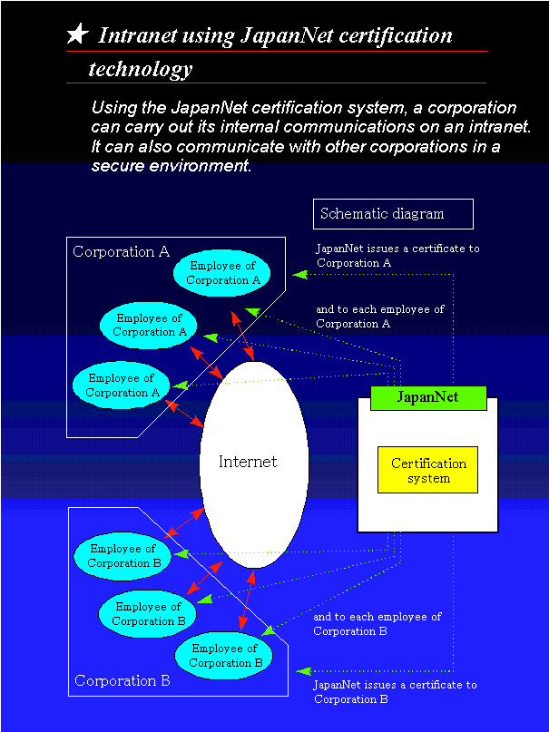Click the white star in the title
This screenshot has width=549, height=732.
[x=78, y=35]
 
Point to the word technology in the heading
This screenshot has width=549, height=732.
[x=141, y=69]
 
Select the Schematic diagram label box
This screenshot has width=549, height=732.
[x=393, y=214]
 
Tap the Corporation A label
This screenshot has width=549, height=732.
[x=121, y=252]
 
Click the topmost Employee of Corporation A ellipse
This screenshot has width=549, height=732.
[x=223, y=273]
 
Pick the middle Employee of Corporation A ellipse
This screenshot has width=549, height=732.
[x=150, y=325]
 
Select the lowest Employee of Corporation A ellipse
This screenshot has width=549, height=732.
[x=122, y=386]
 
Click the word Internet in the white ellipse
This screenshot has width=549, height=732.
[x=248, y=462]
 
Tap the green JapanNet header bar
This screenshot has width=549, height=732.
[x=428, y=397]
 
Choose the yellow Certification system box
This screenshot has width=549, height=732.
[x=428, y=470]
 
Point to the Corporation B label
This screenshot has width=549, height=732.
[x=122, y=680]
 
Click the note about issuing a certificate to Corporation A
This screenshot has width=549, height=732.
[x=397, y=255]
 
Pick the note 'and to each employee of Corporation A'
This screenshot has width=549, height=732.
[x=379, y=316]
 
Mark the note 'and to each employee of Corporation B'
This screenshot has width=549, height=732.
[x=377, y=623]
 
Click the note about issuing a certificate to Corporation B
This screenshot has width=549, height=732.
[x=395, y=691]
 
